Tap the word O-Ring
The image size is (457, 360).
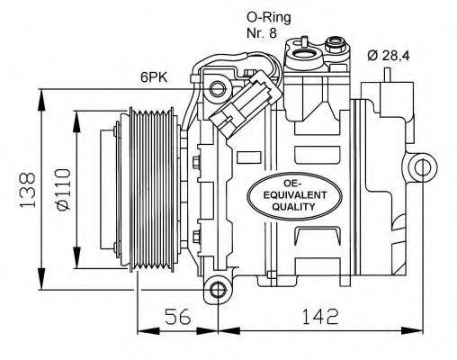click(266, 16)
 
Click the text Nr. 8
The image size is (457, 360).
click(262, 32)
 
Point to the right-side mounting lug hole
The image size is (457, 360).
click(419, 168)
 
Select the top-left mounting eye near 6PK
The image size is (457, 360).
click(218, 89)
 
